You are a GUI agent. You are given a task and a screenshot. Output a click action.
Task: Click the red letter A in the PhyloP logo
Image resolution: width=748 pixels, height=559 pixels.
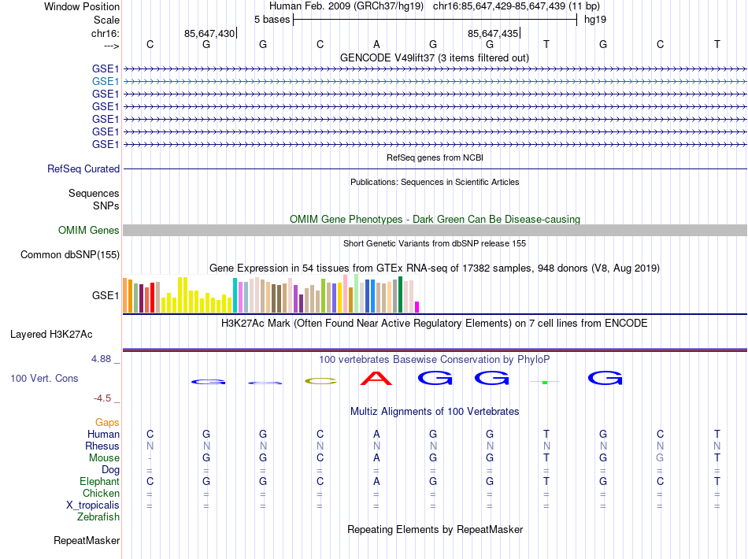376,379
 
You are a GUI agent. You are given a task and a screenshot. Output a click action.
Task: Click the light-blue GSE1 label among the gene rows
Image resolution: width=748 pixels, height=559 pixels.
106,81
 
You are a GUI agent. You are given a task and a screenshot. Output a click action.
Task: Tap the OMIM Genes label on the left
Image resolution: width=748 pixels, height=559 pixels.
89,231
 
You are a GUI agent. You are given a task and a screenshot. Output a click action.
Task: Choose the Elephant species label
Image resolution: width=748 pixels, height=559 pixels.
99,482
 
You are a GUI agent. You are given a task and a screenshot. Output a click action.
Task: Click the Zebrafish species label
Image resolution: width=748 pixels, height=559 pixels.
98,517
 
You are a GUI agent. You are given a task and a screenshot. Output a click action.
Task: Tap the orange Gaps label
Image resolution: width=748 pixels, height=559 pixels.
107,423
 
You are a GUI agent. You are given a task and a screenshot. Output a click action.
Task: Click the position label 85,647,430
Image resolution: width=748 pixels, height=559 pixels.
209,34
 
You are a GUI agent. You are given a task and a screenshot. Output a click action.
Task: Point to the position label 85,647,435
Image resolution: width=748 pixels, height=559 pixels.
493,34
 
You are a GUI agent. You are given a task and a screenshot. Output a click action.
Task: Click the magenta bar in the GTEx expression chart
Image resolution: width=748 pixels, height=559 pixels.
417,307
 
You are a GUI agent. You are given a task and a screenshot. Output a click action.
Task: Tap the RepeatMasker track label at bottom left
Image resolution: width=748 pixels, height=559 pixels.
87,541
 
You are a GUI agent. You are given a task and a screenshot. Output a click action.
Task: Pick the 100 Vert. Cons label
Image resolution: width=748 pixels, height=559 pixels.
44,379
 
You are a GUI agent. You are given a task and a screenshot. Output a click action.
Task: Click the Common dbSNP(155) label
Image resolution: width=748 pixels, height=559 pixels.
70,255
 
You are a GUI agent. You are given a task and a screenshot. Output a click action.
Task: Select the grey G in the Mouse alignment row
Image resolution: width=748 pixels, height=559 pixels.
660,458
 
